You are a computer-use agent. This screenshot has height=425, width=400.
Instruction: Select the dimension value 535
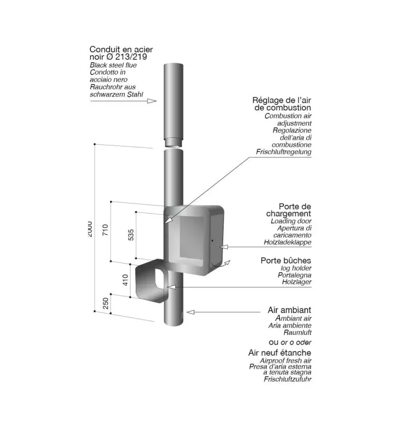pyautogui.click(x=131, y=235)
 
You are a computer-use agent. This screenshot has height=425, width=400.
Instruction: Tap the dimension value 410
pyautogui.click(x=125, y=280)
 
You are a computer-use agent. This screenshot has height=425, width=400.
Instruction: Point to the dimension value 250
pyautogui.click(x=106, y=303)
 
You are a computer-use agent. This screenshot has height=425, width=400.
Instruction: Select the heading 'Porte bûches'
pyautogui.click(x=286, y=260)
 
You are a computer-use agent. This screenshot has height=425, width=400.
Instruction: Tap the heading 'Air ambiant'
pyautogui.click(x=289, y=310)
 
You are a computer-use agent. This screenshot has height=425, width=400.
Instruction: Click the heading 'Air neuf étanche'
pyautogui.click(x=279, y=353)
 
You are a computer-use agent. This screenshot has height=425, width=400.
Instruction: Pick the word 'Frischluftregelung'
pyautogui.click(x=284, y=152)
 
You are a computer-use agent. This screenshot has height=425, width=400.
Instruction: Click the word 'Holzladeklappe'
pyautogui.click(x=287, y=242)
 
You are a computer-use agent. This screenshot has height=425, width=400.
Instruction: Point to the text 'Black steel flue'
pyautogui.click(x=113, y=65)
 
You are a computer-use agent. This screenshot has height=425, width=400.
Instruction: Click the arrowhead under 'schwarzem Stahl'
pyautogui.click(x=152, y=101)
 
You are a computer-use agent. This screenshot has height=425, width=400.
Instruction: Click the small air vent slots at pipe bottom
pyautogui.click(x=180, y=314)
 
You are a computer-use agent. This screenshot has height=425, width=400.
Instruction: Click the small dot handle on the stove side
pyautogui.click(x=212, y=241)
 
